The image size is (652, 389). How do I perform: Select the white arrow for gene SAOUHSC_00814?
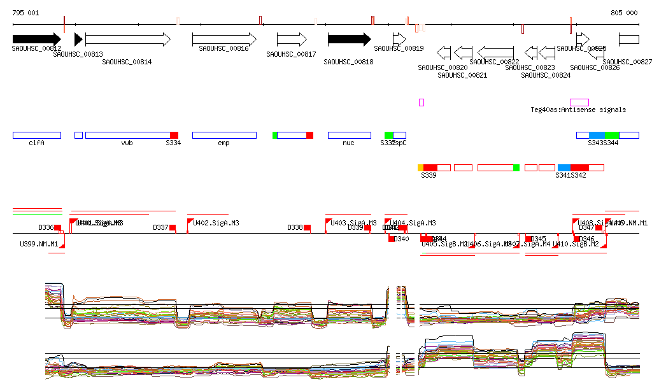point(127,39)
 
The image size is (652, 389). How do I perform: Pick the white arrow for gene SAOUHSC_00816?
point(223,39)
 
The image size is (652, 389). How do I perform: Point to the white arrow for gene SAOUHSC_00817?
point(292,39)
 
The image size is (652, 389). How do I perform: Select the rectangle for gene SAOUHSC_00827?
point(628,39)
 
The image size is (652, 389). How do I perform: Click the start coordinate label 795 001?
point(25,13)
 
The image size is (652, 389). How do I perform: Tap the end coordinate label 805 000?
point(624,13)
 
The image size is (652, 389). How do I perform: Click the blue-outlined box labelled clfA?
point(36,135)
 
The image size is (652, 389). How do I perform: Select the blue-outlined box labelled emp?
point(223,135)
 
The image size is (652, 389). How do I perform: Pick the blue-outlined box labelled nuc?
point(349,135)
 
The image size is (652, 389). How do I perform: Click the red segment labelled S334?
point(174,135)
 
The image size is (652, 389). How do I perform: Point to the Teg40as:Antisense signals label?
point(578,110)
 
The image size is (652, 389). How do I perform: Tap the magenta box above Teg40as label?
point(579,102)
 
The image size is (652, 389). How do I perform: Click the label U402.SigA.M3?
point(216,223)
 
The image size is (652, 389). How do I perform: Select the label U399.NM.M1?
point(38,244)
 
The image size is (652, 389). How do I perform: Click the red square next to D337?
point(173,227)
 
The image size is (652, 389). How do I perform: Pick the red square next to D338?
point(307,227)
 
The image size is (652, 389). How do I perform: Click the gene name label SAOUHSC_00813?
point(78,54)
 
